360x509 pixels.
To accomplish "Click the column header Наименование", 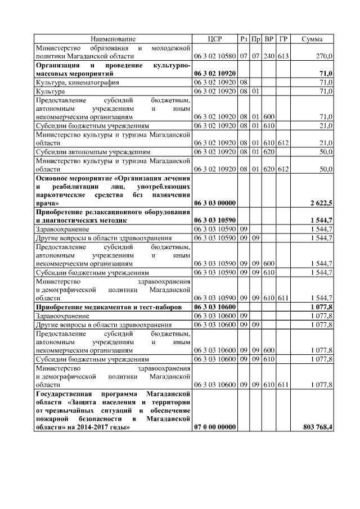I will [113, 39].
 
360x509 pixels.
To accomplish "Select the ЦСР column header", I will [215, 39].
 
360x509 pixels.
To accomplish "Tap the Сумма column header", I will [312, 39].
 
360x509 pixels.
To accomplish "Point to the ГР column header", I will [283, 39].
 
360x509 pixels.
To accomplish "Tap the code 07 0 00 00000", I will [215, 427].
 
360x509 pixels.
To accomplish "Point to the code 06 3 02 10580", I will [215, 56].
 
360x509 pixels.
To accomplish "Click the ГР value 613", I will [283, 56].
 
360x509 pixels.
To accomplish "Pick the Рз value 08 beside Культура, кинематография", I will [244, 82].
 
